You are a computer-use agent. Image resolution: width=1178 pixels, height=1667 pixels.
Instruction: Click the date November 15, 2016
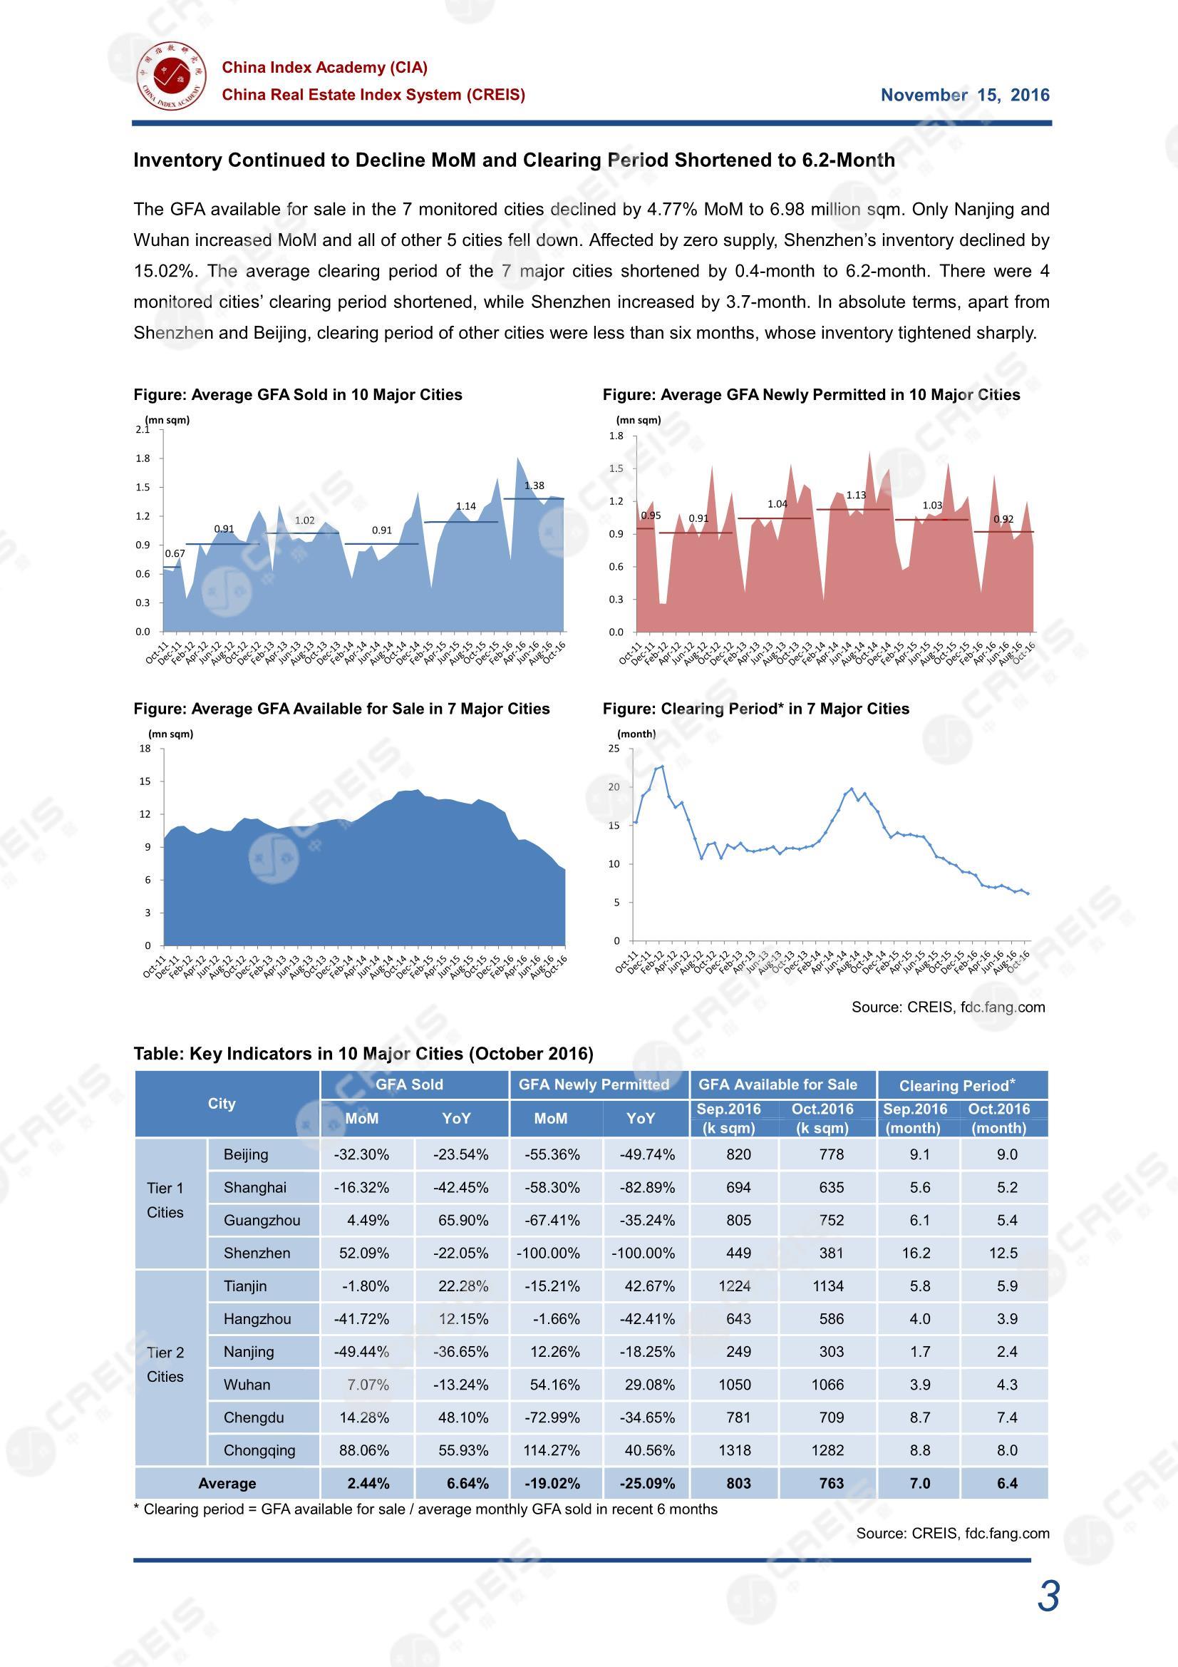point(965,95)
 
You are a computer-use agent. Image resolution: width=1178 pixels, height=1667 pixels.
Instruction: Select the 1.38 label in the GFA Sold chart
point(534,486)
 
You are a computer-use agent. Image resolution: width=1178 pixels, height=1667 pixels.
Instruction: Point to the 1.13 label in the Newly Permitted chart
point(856,495)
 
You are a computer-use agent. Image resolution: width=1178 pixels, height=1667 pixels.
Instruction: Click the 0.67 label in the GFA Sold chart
point(175,553)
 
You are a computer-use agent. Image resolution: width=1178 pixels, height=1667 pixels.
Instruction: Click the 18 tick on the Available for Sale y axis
point(145,749)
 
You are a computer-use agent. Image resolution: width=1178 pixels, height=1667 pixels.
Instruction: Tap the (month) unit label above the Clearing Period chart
point(636,734)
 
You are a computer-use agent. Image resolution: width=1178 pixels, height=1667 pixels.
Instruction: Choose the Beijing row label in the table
point(246,1154)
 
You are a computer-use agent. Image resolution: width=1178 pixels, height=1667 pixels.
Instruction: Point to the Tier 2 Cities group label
point(165,1364)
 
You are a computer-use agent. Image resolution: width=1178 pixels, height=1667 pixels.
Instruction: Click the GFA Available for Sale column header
point(778,1084)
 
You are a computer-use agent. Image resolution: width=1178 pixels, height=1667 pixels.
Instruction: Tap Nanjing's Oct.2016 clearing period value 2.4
point(1008,1351)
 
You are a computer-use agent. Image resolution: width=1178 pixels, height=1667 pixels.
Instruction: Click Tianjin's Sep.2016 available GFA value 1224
point(735,1286)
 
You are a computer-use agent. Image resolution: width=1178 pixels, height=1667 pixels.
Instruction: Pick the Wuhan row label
point(247,1385)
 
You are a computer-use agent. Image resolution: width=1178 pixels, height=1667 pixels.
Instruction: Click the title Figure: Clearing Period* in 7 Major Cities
point(755,709)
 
